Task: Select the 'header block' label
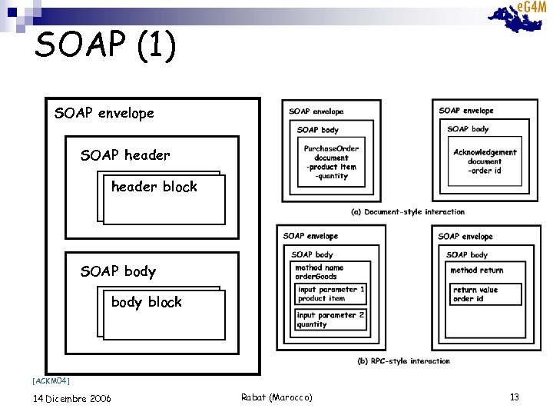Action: point(154,187)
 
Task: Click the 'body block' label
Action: point(147,302)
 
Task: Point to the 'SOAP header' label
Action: point(125,155)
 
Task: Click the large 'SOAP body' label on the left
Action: point(118,271)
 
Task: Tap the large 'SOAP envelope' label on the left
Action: point(104,114)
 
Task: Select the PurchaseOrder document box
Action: point(331,162)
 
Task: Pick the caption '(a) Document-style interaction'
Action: point(408,212)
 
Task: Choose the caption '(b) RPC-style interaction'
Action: point(404,360)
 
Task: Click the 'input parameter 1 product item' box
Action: point(331,294)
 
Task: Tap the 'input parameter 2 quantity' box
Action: point(331,319)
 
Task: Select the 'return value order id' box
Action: point(485,294)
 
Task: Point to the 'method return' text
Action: point(477,271)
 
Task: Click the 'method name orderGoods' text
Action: point(320,272)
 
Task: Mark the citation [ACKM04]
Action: point(51,380)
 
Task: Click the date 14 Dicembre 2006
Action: point(72,398)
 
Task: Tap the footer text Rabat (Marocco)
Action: point(276,397)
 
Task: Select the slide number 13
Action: point(515,397)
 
